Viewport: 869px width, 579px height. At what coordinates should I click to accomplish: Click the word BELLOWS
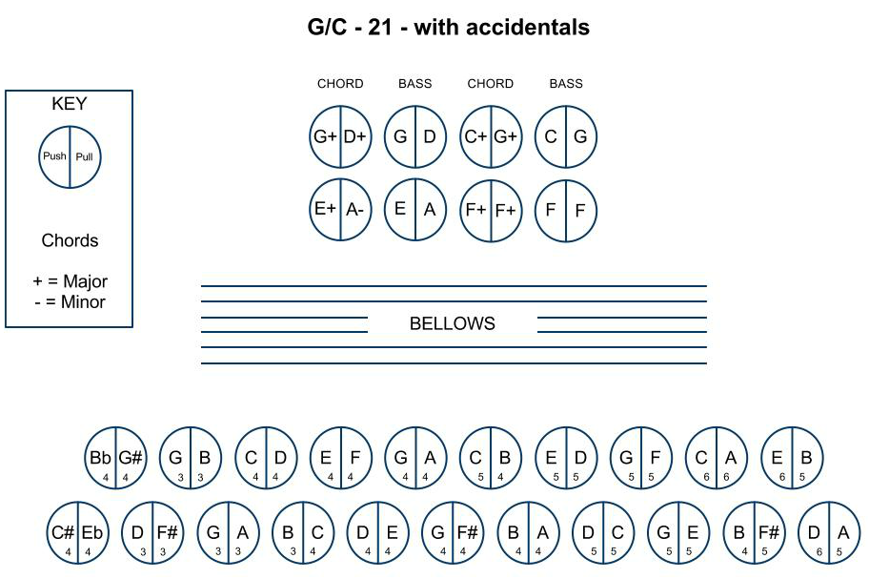coord(453,323)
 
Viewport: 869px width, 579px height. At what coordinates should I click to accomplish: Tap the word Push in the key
coord(54,155)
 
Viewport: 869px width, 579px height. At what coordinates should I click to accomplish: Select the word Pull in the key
coord(84,157)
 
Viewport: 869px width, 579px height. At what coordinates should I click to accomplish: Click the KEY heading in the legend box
coord(70,104)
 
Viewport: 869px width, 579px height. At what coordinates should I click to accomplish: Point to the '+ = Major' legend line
coord(70,281)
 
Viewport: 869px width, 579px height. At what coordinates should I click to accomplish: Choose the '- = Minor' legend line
coord(70,301)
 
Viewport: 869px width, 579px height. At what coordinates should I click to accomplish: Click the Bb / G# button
coord(116,458)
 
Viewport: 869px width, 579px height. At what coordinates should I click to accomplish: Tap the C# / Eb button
coord(77,533)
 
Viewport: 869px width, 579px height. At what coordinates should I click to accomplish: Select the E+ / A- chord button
coord(340,209)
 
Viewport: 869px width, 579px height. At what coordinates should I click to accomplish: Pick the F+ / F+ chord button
coord(491,210)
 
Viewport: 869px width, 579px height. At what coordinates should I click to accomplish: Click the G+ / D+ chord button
coord(340,137)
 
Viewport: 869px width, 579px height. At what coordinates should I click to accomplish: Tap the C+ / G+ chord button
coord(491,137)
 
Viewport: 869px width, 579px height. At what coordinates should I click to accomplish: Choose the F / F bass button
coord(566,210)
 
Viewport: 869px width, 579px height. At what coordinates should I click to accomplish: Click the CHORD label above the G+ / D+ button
coord(340,84)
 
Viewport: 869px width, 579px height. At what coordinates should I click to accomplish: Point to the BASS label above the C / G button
coord(566,84)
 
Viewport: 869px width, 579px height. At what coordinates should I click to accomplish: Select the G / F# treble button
coord(453,533)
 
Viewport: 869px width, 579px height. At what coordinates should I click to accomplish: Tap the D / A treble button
coord(829,533)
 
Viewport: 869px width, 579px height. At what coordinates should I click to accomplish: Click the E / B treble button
coord(792,458)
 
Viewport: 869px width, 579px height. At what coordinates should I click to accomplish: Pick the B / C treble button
coord(303,533)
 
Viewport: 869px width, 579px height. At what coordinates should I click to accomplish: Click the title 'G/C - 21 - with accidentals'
coord(449,27)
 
